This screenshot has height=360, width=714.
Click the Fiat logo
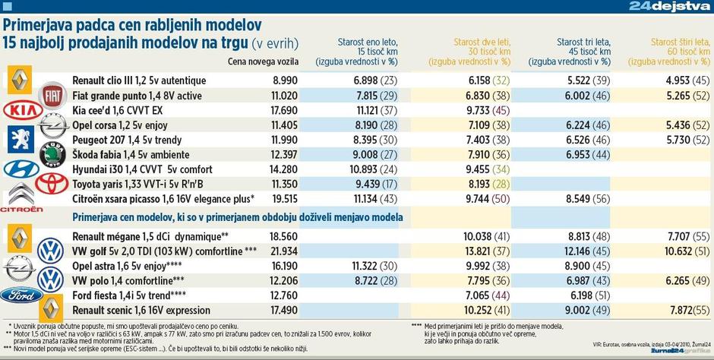click(53, 96)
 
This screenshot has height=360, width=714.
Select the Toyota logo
click(52, 183)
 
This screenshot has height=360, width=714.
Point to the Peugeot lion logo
click(21, 140)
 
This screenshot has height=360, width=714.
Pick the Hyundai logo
click(21, 169)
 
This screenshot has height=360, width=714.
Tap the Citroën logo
click(21, 197)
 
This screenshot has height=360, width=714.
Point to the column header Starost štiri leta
click(681, 51)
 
